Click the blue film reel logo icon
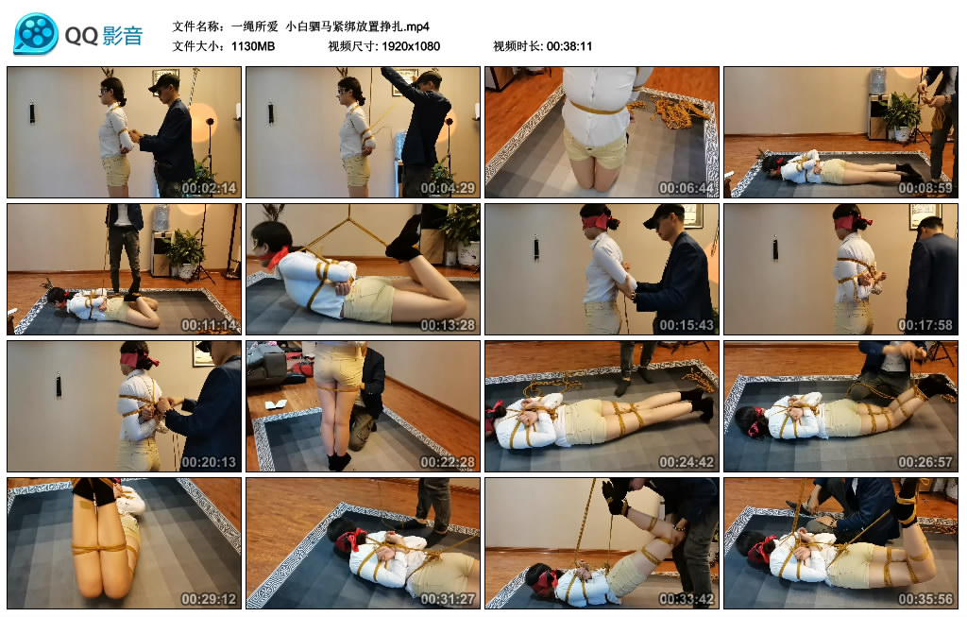pyautogui.click(x=37, y=33)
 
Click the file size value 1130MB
pyautogui.click(x=253, y=46)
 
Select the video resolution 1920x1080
pyautogui.click(x=411, y=46)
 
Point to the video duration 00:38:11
pyautogui.click(x=568, y=46)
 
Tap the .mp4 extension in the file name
pyautogui.click(x=417, y=27)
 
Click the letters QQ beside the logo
pyautogui.click(x=81, y=36)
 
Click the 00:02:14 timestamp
pyautogui.click(x=209, y=188)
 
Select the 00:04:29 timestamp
pyautogui.click(x=448, y=188)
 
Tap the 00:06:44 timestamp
pyautogui.click(x=687, y=188)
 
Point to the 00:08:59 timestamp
pyautogui.click(x=925, y=188)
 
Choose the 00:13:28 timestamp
pyautogui.click(x=448, y=325)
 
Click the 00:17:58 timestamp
pyautogui.click(x=925, y=325)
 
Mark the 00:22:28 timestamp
pyautogui.click(x=448, y=462)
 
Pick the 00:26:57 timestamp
pyautogui.click(x=925, y=462)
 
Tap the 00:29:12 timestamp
pyautogui.click(x=209, y=599)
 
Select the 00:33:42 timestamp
pyautogui.click(x=687, y=599)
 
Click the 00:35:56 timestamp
pyautogui.click(x=925, y=599)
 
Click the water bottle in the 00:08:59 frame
pyautogui.click(x=877, y=81)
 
